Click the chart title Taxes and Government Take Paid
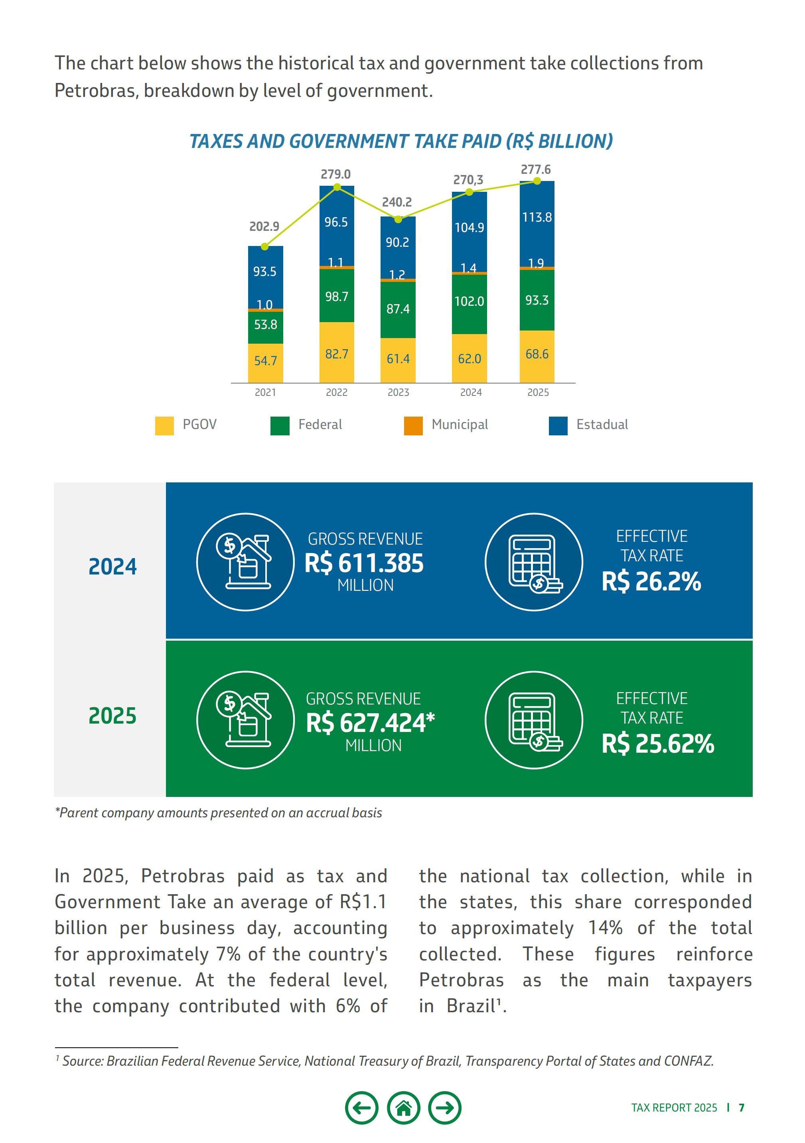[x=401, y=142]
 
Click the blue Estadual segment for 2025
[x=537, y=224]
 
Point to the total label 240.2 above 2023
[x=397, y=202]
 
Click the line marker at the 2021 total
[x=264, y=246]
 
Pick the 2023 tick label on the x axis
[x=398, y=392]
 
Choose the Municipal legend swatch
[x=413, y=426]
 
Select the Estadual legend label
[x=602, y=425]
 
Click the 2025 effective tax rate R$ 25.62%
[x=657, y=744]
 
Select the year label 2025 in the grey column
[x=112, y=716]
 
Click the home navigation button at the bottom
[x=403, y=1108]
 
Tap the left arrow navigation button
[x=362, y=1108]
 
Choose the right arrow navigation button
[x=445, y=1108]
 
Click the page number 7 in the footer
[x=741, y=1108]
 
